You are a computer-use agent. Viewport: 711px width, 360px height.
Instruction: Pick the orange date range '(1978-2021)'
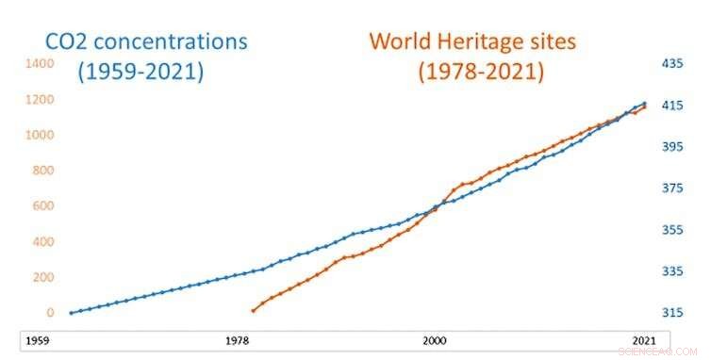469,71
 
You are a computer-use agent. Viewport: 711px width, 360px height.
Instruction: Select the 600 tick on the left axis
42,205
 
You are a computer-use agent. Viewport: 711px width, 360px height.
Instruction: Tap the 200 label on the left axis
42,277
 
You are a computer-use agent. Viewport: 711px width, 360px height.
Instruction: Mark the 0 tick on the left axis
50,313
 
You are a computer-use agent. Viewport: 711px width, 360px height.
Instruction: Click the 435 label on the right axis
672,63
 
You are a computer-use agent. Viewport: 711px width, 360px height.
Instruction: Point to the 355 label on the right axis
672,230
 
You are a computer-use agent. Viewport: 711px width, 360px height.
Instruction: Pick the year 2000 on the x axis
434,339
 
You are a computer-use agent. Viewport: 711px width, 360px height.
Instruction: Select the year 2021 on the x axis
644,339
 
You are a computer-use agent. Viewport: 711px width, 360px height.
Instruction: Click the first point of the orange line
253,310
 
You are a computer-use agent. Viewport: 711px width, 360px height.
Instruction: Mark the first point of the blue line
71,313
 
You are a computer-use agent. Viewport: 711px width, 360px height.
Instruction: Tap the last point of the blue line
645,104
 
